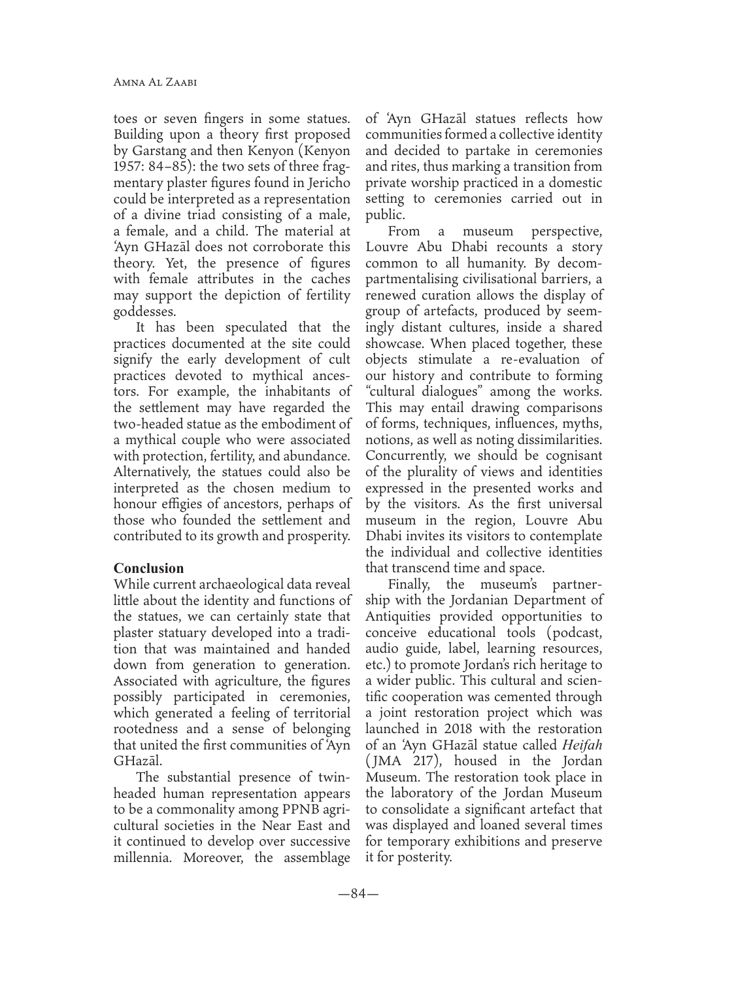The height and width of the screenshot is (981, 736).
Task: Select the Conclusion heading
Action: (148, 568)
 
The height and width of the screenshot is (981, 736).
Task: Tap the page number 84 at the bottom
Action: (358, 893)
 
